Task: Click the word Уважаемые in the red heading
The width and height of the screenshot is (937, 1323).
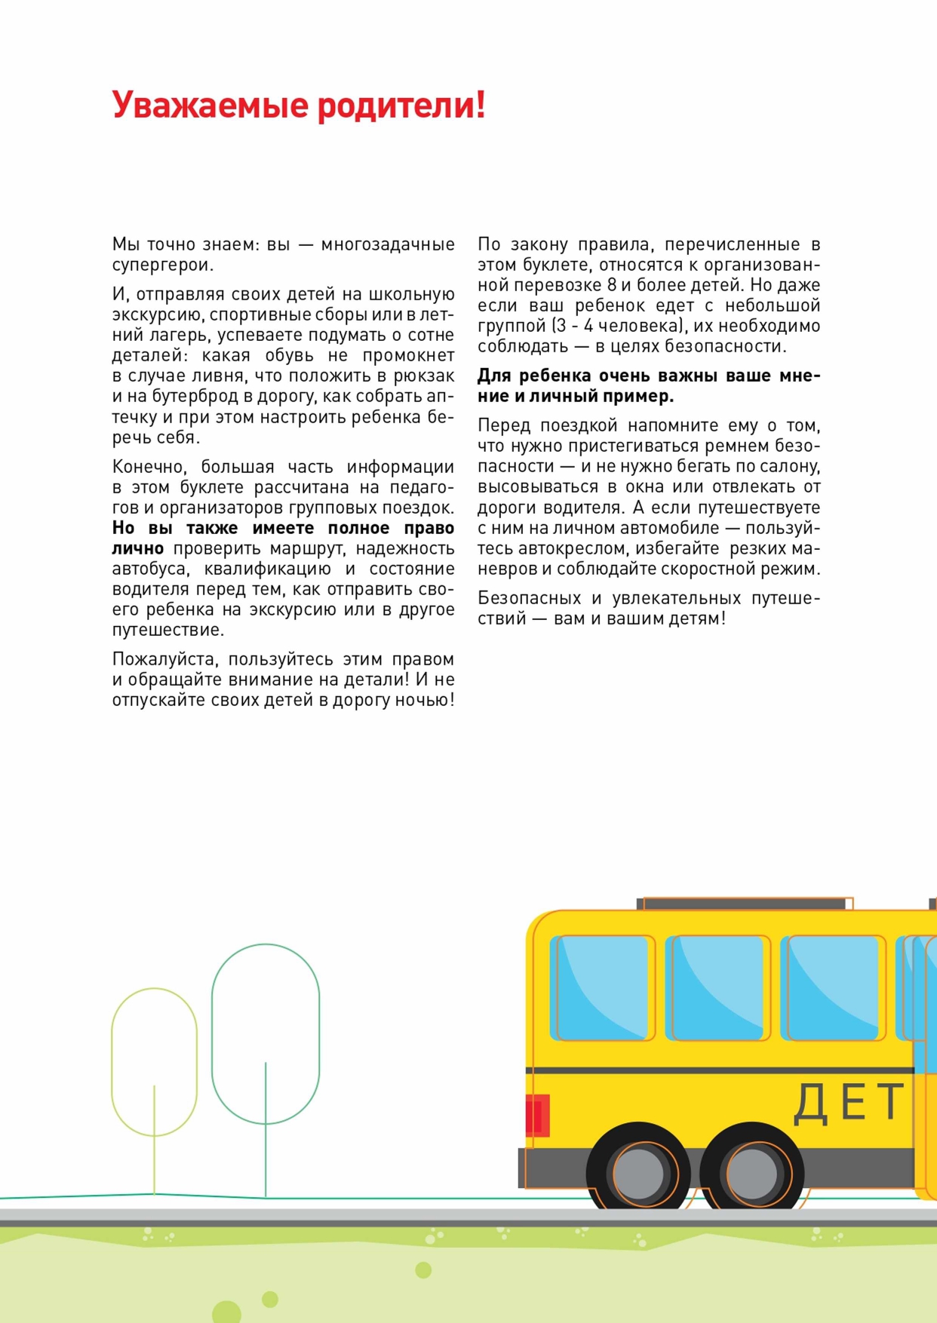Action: pyautogui.click(x=210, y=106)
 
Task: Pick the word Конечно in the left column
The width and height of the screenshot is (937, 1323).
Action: pyautogui.click(x=149, y=468)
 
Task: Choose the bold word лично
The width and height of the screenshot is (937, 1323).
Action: pyautogui.click(x=137, y=549)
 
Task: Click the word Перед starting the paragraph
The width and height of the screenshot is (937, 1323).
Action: pyautogui.click(x=505, y=426)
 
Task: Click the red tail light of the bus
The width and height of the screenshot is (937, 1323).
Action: pyautogui.click(x=537, y=1115)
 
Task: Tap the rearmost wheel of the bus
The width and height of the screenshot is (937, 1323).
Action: pyautogui.click(x=639, y=1173)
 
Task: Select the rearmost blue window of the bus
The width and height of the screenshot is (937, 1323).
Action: pyautogui.click(x=601, y=987)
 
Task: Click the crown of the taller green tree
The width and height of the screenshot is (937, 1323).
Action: pyautogui.click(x=266, y=1018)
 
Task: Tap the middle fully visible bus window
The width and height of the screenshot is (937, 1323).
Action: pyautogui.click(x=717, y=987)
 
